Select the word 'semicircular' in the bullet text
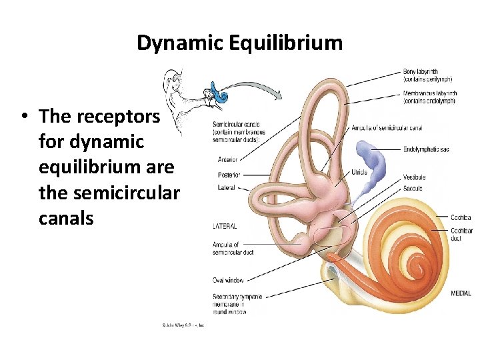(127, 193)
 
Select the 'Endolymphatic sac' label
(426, 149)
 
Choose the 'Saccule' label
(413, 188)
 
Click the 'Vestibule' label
(414, 177)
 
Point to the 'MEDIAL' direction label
(461, 293)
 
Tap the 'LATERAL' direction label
(225, 227)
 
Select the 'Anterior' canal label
(227, 159)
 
